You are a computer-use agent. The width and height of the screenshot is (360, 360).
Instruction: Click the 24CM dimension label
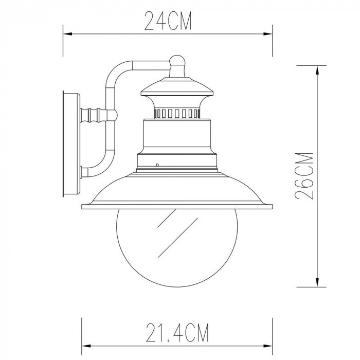point(168,21)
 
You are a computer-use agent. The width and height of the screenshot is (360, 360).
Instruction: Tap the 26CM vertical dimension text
point(304,176)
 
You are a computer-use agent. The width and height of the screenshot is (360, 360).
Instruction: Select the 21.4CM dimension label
point(177,333)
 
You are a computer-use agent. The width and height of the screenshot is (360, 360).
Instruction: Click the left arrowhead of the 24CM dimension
point(68,34)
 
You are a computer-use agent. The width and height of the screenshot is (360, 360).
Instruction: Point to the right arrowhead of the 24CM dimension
point(268,34)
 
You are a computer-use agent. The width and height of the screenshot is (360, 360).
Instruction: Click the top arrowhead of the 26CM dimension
point(317,70)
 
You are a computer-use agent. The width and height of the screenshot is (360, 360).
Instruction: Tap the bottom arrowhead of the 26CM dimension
point(317,282)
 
